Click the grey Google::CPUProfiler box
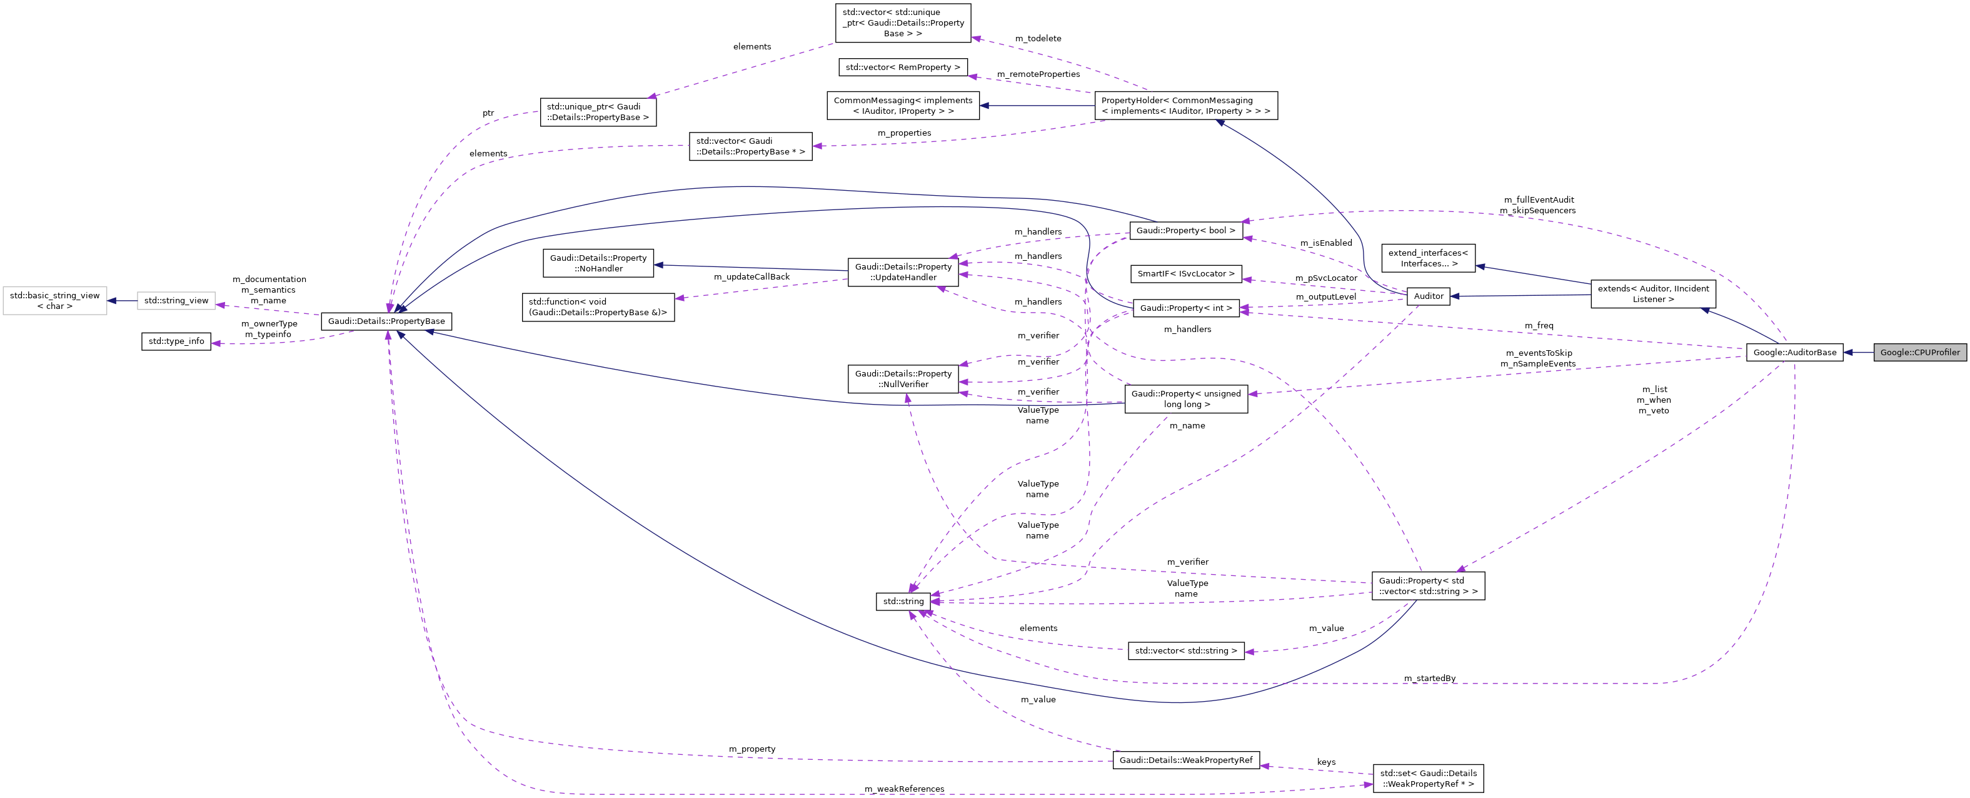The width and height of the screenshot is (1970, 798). click(x=1919, y=353)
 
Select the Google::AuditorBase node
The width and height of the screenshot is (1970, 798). click(x=1794, y=353)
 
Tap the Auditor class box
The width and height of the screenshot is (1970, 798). click(x=1428, y=296)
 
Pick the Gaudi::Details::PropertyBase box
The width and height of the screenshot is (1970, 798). click(x=386, y=321)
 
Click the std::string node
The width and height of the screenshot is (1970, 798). click(x=903, y=602)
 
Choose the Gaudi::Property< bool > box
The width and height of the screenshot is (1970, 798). click(x=1185, y=230)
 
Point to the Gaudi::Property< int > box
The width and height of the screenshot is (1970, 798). click(x=1185, y=308)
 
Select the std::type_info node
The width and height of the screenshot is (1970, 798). click(x=176, y=341)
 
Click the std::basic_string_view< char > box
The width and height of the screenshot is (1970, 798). click(x=54, y=301)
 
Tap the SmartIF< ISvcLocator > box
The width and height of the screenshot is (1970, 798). click(x=1185, y=274)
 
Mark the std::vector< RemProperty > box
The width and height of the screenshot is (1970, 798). click(x=902, y=68)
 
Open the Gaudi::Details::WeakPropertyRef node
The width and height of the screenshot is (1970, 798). click(x=1185, y=760)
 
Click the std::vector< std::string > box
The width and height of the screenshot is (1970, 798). click(x=1185, y=651)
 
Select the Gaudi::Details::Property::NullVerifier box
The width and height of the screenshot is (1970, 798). click(x=903, y=380)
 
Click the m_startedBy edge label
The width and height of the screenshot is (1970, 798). click(x=1429, y=679)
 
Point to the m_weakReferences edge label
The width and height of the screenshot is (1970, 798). click(x=904, y=789)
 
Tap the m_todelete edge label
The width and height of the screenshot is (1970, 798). click(x=1038, y=38)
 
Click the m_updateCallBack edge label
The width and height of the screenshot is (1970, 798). click(x=751, y=277)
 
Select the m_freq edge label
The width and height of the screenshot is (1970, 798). click(x=1539, y=326)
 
